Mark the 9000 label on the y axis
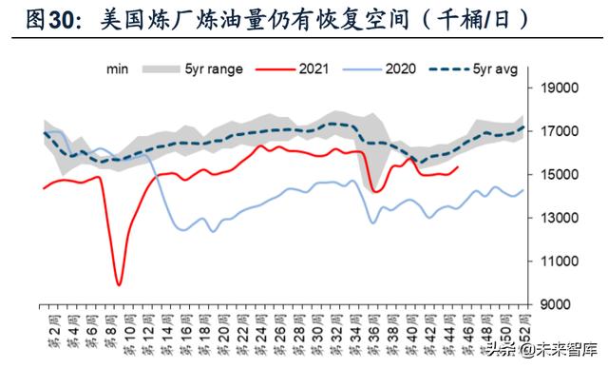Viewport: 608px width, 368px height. [561, 303]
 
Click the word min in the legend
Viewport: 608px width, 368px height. [118, 68]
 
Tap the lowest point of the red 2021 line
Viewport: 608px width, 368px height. [119, 283]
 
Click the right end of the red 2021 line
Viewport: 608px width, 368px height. [459, 167]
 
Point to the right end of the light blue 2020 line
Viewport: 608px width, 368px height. [523, 191]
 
